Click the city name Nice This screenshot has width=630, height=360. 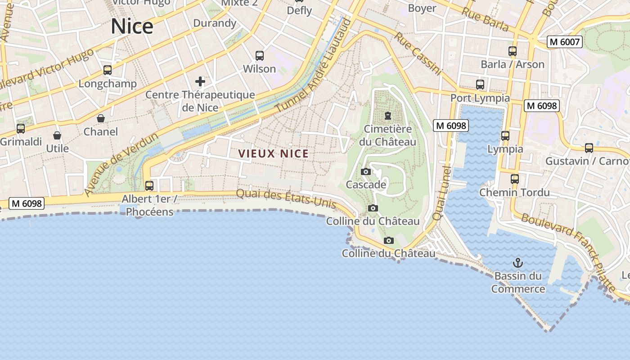132,27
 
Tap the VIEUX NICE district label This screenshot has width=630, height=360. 274,154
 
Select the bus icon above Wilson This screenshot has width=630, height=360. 260,56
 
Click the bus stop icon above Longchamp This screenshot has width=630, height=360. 107,70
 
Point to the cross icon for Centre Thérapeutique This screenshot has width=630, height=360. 200,81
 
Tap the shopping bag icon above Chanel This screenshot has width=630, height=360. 101,118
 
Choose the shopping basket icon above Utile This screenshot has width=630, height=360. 57,135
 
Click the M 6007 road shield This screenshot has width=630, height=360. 565,42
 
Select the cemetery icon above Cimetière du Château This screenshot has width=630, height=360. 387,116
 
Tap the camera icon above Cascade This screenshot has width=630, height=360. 366,172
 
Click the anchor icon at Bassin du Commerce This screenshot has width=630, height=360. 518,262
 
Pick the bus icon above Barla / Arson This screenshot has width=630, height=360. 513,51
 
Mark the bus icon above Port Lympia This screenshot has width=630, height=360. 480,85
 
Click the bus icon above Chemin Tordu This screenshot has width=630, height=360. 515,179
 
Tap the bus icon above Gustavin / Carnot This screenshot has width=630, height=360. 589,148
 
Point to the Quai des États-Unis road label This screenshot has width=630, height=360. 286,198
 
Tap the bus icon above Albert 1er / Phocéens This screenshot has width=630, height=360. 149,185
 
